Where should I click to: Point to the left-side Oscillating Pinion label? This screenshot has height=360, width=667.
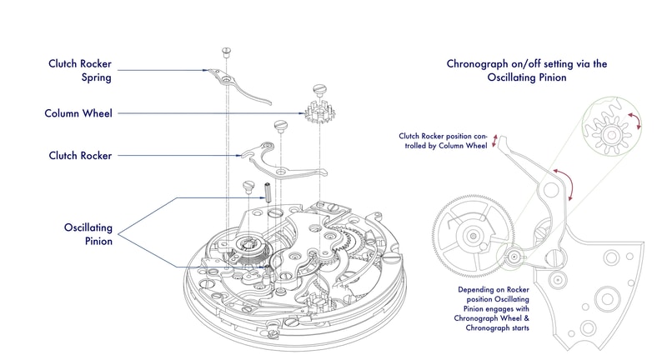tap(88, 233)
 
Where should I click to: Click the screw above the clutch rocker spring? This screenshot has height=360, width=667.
tap(226, 52)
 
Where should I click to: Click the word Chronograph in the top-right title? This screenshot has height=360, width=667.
tap(481, 63)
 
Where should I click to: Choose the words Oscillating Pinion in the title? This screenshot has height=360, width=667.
tap(529, 78)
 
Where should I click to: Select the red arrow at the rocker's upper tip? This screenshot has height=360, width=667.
tap(496, 140)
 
